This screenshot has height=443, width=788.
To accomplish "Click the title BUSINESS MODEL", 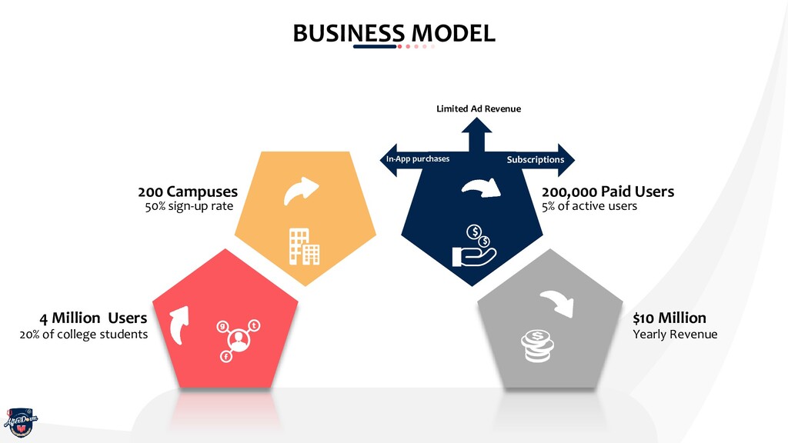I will coord(393,33).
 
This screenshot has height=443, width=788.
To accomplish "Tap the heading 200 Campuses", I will coord(188,191).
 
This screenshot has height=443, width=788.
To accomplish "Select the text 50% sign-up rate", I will coord(189,206).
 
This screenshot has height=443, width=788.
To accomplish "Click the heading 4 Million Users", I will coord(93,318).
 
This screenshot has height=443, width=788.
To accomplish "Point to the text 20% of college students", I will coord(83,334).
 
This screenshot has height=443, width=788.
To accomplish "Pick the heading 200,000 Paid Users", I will coord(607,191).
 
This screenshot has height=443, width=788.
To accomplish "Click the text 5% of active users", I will coord(589,206).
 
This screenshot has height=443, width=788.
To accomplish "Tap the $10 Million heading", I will coord(669,318).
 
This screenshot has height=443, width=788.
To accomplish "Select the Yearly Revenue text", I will coord(674,334).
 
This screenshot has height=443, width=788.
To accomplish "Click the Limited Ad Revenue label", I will coord(479,108).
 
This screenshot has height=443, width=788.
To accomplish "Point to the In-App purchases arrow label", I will coord(417,159).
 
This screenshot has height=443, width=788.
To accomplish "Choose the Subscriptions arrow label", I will coord(535,159).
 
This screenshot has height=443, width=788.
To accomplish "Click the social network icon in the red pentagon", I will coord(238,339).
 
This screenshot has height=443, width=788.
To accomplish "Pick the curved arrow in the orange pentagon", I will coord(301,191).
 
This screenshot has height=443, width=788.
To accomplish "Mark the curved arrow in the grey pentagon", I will coord(558,302).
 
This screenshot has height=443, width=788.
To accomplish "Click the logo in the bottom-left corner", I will coord(20,421).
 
